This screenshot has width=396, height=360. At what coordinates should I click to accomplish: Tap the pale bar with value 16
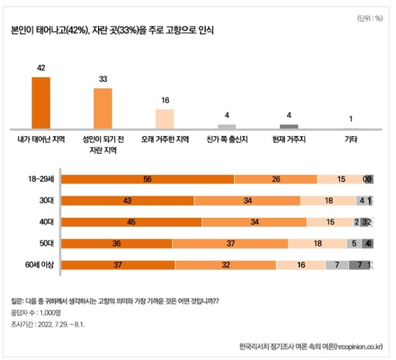pos(164,119)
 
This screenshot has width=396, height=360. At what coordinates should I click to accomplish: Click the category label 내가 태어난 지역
pos(41,140)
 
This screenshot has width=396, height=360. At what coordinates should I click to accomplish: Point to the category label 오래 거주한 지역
pos(165,140)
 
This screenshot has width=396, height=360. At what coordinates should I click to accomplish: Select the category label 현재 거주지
pos(288,140)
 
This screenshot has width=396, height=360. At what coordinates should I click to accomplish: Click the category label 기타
pos(350,140)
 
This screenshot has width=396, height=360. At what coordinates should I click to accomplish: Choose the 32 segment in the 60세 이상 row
pos(225,266)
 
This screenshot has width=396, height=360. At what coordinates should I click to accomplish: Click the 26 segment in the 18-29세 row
pos(276,178)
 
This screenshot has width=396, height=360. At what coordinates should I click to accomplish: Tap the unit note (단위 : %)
pos(370,18)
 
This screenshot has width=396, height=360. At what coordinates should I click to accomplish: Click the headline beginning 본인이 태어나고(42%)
pos(112,30)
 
